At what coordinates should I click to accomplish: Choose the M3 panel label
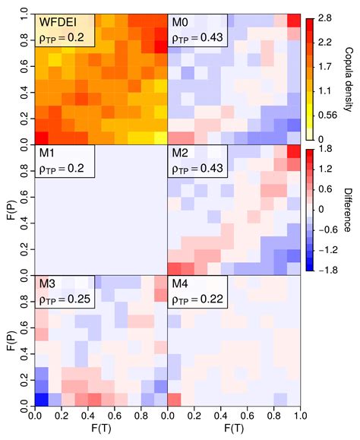[48, 286]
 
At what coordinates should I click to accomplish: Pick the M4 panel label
[181, 286]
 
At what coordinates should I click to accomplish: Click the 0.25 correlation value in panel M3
[76, 300]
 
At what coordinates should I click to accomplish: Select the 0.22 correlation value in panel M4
[208, 300]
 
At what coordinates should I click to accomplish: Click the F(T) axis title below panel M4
[233, 431]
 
